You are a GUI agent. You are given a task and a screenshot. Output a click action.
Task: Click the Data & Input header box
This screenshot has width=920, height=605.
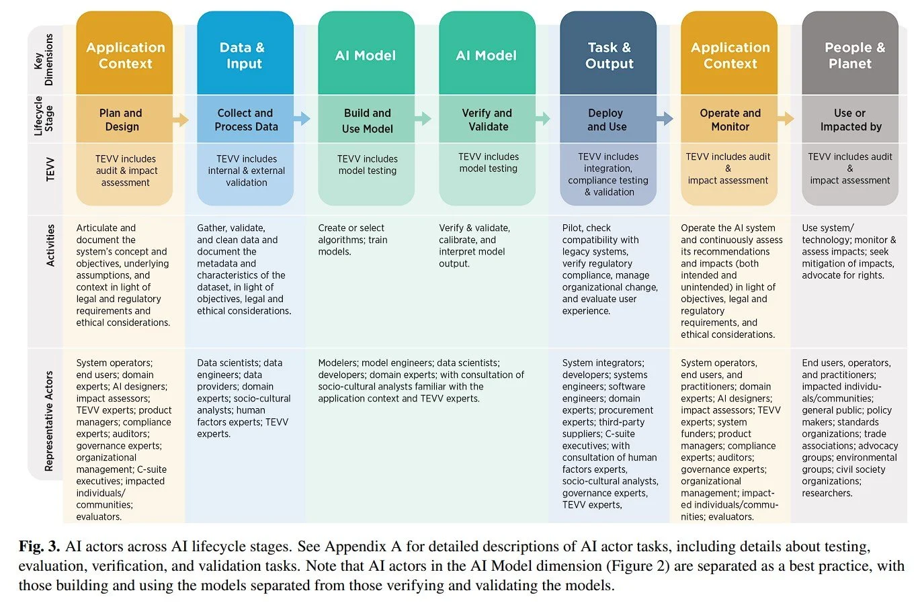[245, 55]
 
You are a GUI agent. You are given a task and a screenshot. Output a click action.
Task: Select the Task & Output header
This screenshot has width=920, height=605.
[608, 55]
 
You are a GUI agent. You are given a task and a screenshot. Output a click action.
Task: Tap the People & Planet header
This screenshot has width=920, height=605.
[850, 55]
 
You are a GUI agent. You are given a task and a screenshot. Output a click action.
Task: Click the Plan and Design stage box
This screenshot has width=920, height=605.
[124, 120]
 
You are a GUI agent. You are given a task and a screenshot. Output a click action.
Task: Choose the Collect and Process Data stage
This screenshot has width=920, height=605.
[245, 120]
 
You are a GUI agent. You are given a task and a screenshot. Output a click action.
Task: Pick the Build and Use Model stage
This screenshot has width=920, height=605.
[366, 120]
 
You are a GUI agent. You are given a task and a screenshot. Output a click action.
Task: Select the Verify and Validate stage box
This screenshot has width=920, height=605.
[487, 120]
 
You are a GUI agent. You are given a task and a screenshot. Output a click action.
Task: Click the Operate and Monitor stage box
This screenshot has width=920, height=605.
[729, 120]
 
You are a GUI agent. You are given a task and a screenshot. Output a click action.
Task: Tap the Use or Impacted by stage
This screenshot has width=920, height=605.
[850, 120]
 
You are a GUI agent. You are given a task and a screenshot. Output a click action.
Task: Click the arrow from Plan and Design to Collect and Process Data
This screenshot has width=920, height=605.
[181, 120]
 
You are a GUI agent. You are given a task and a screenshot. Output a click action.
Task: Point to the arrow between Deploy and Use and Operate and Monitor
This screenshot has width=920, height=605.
[665, 119]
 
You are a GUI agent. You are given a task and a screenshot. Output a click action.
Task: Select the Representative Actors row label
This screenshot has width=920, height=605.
[48, 421]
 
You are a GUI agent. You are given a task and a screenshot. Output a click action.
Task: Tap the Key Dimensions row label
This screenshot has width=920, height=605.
[44, 60]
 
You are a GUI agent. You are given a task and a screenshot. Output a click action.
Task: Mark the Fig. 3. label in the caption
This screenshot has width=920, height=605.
[39, 547]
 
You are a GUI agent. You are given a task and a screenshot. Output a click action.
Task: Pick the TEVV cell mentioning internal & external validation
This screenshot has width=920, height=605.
[246, 171]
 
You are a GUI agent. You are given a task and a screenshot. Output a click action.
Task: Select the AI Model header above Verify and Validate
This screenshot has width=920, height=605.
[487, 55]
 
